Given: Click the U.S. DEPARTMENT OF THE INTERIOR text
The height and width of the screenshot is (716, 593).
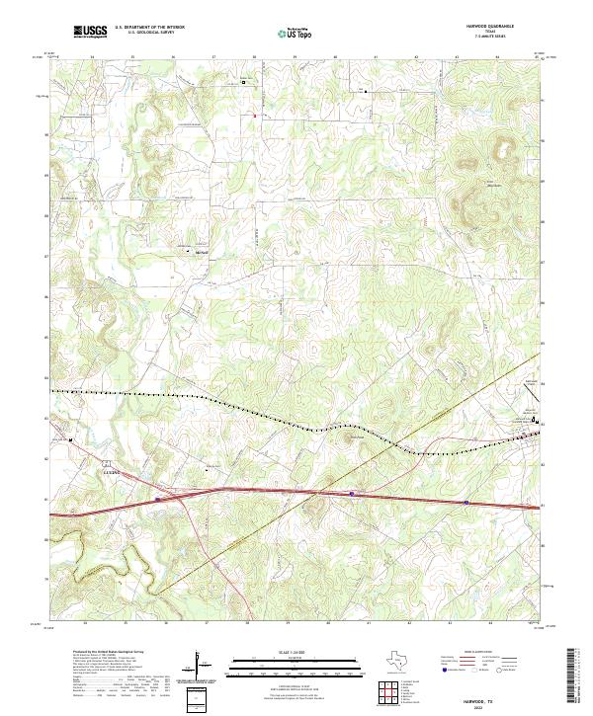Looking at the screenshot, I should pyautogui.click(x=149, y=28).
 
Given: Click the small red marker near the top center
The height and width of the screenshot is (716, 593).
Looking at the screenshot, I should pyautogui.click(x=255, y=117).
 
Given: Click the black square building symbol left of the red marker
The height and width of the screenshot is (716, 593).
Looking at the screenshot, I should pyautogui.click(x=244, y=83).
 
